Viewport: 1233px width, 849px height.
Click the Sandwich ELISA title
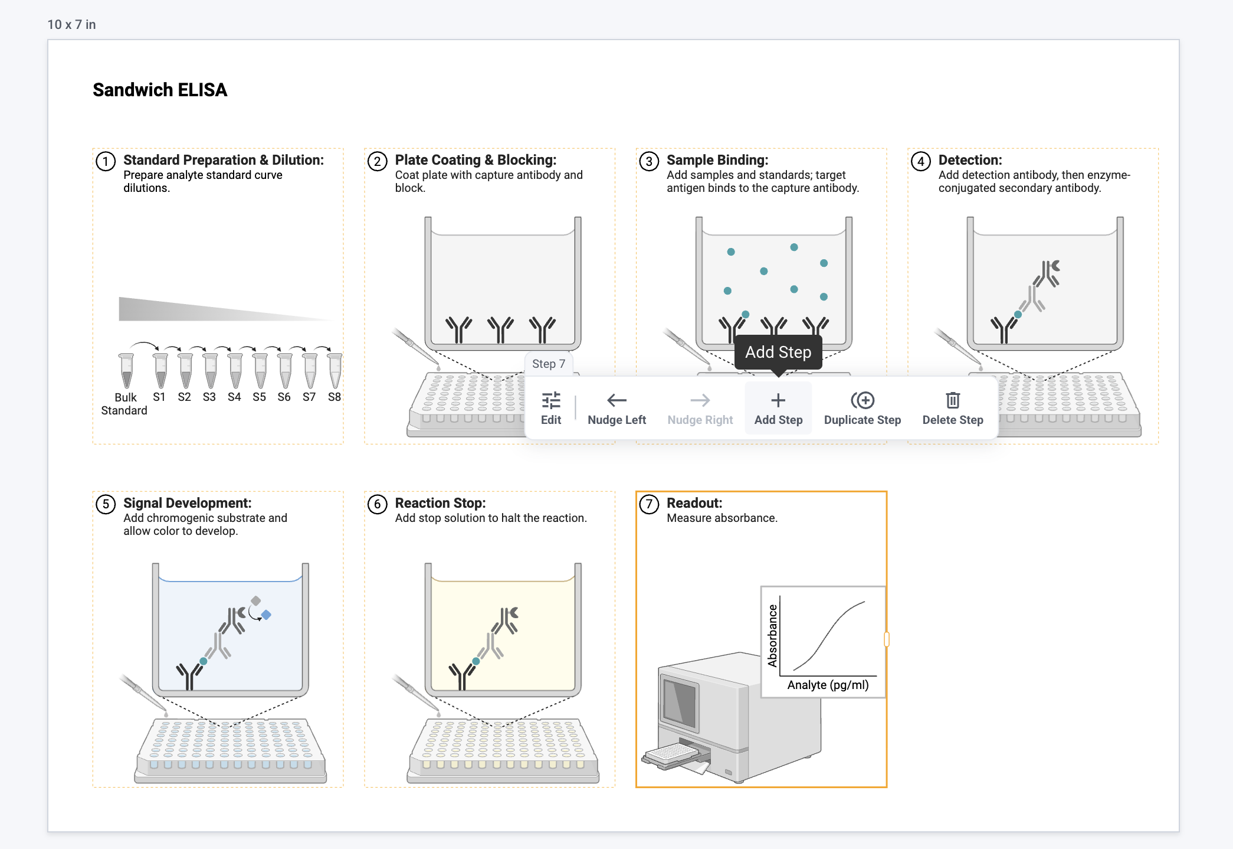[160, 90]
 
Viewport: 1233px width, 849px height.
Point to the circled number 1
[106, 161]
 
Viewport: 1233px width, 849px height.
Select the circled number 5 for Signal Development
[106, 504]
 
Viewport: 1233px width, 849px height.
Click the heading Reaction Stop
[440, 503]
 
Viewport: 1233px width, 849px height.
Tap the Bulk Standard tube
[126, 371]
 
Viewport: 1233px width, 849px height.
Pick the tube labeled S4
[235, 371]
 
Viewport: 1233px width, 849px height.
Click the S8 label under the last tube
[335, 397]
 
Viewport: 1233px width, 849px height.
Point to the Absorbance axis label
[772, 635]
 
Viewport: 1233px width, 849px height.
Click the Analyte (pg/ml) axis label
[828, 685]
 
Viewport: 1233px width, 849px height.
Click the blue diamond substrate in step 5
[267, 615]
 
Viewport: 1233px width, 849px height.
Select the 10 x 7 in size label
[71, 24]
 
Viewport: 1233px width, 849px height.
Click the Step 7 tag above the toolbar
[548, 364]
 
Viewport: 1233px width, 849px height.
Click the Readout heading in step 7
[694, 503]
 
